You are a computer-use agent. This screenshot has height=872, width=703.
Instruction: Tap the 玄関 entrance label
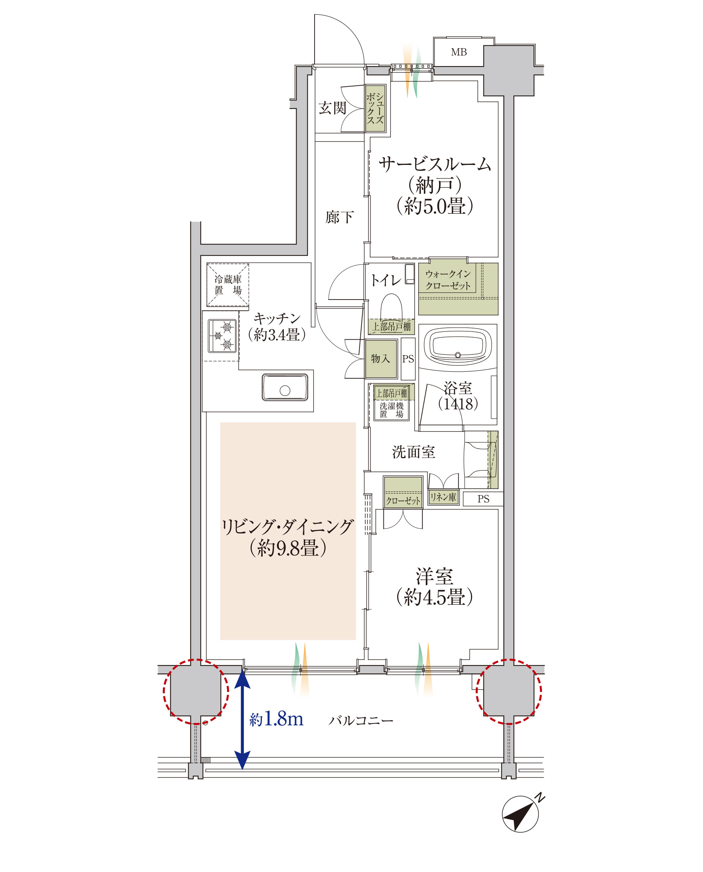[332, 108]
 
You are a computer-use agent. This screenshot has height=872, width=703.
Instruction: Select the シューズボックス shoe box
[375, 108]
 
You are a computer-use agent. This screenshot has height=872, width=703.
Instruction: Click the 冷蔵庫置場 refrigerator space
[228, 285]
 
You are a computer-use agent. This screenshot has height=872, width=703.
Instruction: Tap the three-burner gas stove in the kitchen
[222, 336]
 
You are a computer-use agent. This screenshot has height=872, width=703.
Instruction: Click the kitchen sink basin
[285, 387]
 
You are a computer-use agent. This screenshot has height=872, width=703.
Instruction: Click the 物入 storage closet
[381, 358]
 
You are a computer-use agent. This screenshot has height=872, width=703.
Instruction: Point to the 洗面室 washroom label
[413, 452]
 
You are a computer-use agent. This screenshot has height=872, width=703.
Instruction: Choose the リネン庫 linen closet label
[443, 497]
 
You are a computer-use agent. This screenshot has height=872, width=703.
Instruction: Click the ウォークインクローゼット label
[448, 280]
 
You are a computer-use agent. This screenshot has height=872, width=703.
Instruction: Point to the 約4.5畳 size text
[434, 597]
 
